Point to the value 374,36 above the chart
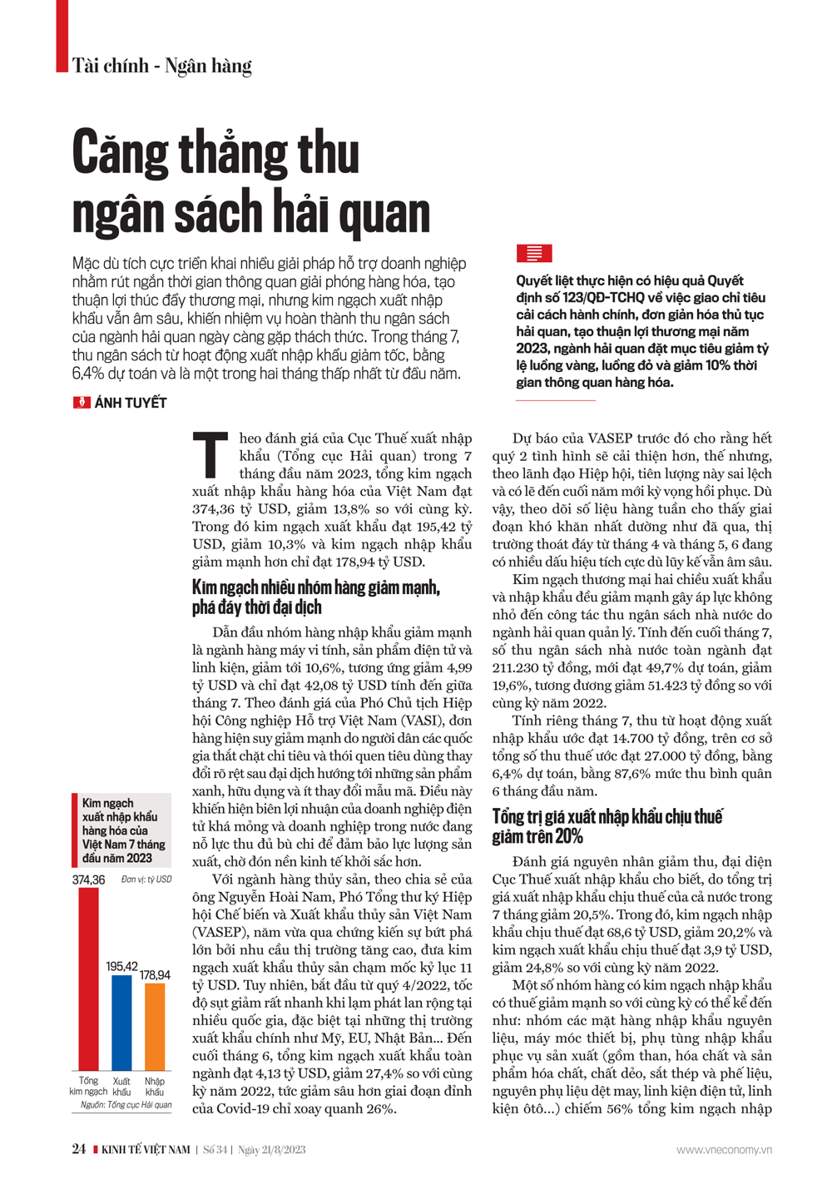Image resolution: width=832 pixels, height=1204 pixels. tap(88, 879)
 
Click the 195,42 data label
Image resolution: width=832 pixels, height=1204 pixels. tap(121, 966)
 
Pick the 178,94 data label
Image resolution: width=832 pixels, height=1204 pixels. tap(155, 974)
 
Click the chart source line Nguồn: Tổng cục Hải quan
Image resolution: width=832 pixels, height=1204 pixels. tap(126, 1105)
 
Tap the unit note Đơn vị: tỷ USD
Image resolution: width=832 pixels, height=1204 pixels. tap(146, 879)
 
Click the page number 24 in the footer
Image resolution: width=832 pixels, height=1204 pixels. tap(79, 1149)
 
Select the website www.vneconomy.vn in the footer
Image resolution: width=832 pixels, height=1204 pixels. tap(724, 1150)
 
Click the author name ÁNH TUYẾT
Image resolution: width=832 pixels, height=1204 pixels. tap(131, 403)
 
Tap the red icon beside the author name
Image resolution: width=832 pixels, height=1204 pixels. tap(82, 403)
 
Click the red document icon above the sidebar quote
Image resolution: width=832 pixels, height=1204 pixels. tap(533, 253)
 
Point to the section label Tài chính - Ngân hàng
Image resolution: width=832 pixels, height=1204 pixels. tap(161, 66)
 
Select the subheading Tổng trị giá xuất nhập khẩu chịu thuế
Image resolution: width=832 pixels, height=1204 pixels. tap(607, 816)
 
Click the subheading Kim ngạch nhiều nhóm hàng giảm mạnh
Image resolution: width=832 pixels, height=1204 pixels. tap(316, 588)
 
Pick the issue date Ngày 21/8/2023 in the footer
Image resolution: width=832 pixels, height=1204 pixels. tap(272, 1150)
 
